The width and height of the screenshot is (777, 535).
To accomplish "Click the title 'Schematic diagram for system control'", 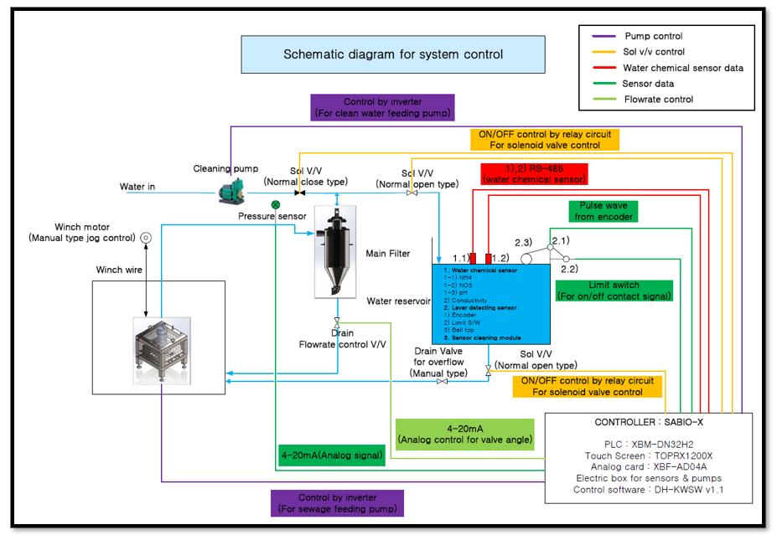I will click(393, 54).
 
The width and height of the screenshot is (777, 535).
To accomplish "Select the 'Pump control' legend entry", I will click(653, 36).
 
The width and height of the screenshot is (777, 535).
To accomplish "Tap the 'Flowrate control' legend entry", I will click(657, 100).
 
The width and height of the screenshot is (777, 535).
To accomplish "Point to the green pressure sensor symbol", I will click(276, 204).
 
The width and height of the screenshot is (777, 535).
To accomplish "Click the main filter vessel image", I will click(336, 252).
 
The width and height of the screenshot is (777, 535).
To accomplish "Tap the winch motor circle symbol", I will click(145, 238).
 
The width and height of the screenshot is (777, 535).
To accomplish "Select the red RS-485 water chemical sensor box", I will click(534, 173).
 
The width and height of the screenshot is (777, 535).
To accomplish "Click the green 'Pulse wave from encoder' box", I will click(603, 211).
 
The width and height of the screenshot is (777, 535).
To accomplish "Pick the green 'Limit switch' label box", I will click(614, 291).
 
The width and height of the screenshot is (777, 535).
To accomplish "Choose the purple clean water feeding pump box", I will click(382, 107).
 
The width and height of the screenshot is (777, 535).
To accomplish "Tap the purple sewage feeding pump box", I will click(336, 503).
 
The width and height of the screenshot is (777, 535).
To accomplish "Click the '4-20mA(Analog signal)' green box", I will click(331, 455).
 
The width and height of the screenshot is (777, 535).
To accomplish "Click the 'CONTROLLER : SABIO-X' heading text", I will click(650, 423).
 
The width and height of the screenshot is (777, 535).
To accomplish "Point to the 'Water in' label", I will click(137, 187).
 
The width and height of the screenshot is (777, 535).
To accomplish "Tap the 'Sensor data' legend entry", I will click(648, 84).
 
